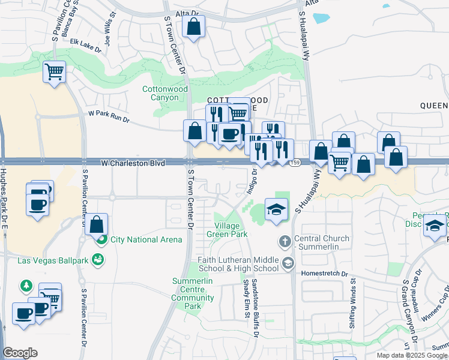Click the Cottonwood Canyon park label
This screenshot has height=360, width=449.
tap(160, 93)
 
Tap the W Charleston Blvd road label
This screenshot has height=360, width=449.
tap(133, 163)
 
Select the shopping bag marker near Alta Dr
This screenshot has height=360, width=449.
tap(193, 27)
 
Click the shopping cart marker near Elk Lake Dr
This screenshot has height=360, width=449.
tap(54, 73)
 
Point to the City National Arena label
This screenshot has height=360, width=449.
tap(146, 240)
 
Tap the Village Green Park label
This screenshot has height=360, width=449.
tap(227, 230)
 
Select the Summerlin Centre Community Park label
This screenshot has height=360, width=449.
tap(193, 293)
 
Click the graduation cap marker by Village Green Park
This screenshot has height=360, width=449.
tap(276, 209)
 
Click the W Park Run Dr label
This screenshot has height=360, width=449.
tap(109, 116)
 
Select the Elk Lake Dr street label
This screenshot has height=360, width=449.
tap(86, 44)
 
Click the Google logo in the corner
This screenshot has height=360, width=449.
tap(20, 353)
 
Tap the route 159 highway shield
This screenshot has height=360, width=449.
tap(294, 163)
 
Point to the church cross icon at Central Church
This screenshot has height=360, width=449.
tap(285, 242)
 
